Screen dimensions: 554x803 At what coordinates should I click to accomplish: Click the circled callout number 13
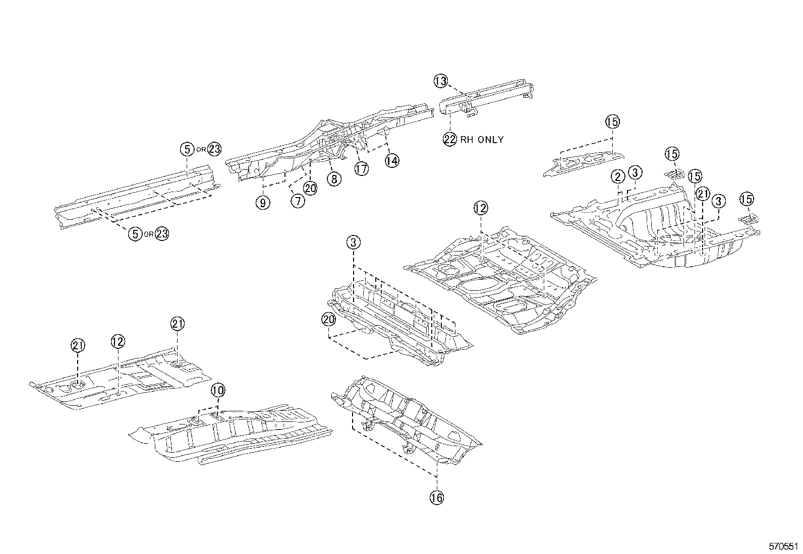pos(440,81)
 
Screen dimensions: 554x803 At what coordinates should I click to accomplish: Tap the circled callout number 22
pos(450,139)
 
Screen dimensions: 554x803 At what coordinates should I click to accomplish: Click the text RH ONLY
pos(481,140)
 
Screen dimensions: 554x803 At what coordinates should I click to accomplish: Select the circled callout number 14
pos(391,160)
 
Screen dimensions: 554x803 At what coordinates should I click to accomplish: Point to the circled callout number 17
pos(361,168)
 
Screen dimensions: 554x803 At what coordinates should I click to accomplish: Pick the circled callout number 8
pos(333,178)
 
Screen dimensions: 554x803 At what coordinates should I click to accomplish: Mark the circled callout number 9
pos(263,203)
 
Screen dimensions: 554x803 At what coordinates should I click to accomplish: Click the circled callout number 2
pos(618,176)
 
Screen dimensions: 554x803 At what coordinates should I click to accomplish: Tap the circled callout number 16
pos(437,498)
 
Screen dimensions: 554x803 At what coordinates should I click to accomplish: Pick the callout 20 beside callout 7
pos(310,188)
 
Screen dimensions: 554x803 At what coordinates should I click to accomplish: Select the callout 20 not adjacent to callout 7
pos(328,319)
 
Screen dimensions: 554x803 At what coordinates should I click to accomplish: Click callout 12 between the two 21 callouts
pos(117,341)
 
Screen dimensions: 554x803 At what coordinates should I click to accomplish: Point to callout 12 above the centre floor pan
pos(481,207)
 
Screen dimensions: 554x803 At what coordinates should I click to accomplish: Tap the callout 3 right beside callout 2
pos(635,172)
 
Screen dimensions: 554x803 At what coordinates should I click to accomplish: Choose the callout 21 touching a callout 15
pos(703,193)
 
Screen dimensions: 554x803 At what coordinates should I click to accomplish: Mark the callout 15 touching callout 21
pos(695,176)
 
